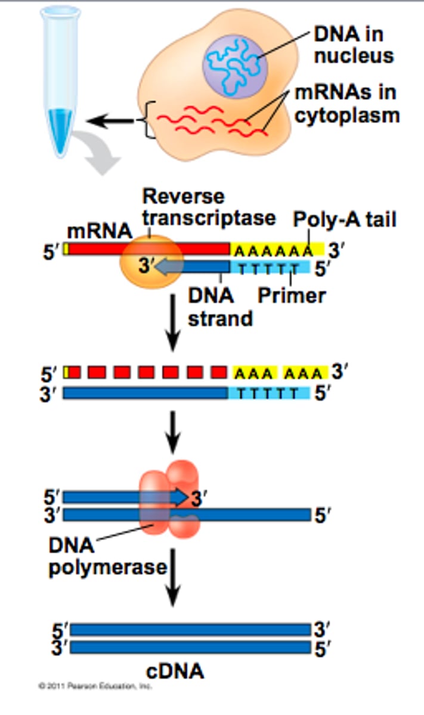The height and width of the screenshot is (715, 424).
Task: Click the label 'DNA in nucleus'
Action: (353, 45)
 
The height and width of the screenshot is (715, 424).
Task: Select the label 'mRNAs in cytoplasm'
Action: (346, 104)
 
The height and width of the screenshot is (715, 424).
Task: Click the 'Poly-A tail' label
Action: (344, 220)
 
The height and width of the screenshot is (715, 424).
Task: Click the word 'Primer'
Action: (292, 295)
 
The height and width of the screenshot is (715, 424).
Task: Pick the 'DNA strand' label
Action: (219, 307)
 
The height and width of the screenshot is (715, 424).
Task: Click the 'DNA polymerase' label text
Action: (107, 556)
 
